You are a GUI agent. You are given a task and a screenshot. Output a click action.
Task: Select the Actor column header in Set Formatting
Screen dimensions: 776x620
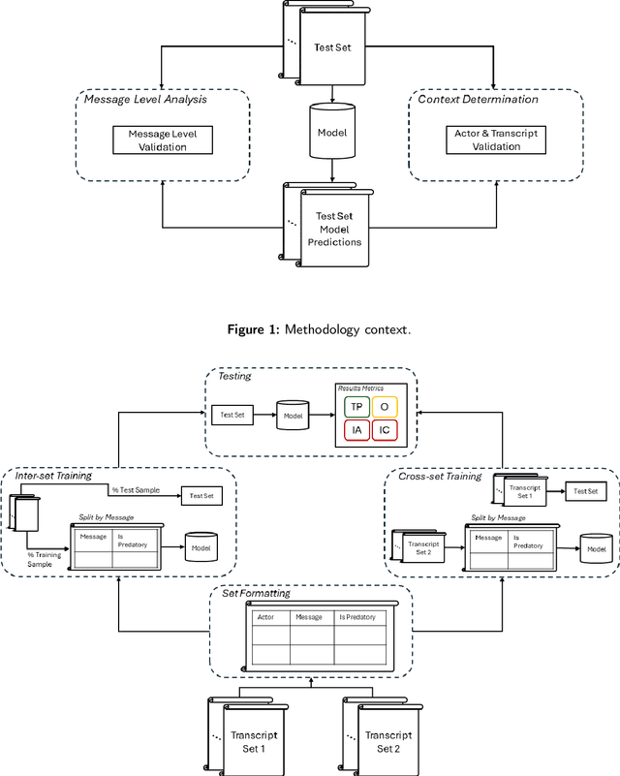click(x=264, y=616)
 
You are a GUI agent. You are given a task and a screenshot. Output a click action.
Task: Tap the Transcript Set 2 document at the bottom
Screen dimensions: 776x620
click(x=387, y=741)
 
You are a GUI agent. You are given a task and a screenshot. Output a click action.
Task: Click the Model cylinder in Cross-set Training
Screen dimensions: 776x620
click(x=592, y=548)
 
